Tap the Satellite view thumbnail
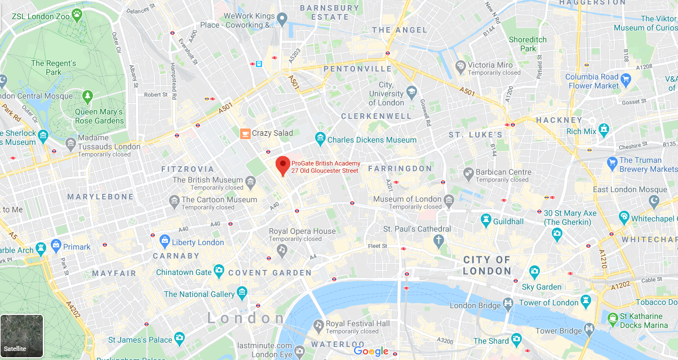pyautogui.click(x=22, y=336)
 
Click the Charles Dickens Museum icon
pyautogui.click(x=320, y=139)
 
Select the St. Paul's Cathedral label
pyautogui.click(x=417, y=229)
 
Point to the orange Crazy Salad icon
pyautogui.click(x=245, y=133)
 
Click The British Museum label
pyautogui.click(x=208, y=180)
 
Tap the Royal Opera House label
pyautogui.click(x=302, y=231)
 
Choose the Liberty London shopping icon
pyautogui.click(x=164, y=242)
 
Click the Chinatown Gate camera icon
pyautogui.click(x=219, y=272)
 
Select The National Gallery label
pyautogui.click(x=199, y=294)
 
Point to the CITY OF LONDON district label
pyautogui.click(x=486, y=265)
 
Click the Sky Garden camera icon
pyautogui.click(x=534, y=272)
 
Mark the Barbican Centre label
pyautogui.click(x=504, y=172)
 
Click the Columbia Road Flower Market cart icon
pyautogui.click(x=626, y=78)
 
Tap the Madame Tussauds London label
pyautogui.click(x=110, y=146)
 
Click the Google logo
pyautogui.click(x=371, y=352)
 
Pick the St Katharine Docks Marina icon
pyautogui.click(x=613, y=319)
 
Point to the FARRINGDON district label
pyautogui.click(x=400, y=168)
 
